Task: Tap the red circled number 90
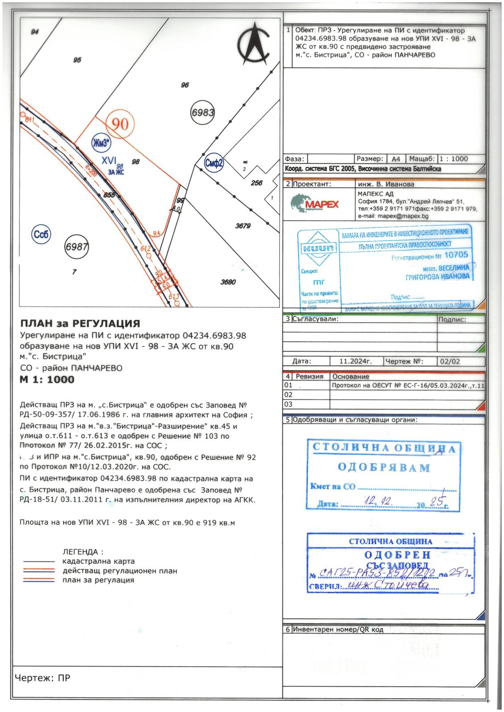(120, 124)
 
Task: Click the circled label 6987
(77, 247)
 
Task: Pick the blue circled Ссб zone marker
(41, 235)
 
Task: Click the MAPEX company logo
(315, 204)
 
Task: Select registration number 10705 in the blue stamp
(456, 255)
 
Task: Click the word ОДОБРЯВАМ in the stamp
(383, 468)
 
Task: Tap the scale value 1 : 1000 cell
(453, 159)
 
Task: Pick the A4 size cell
(396, 159)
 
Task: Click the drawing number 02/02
(449, 362)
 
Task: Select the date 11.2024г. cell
(355, 362)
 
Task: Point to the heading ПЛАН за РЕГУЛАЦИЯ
(80, 324)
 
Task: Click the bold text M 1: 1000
(47, 380)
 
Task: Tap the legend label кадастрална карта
(98, 561)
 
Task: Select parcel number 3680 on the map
(228, 282)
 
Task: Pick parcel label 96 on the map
(185, 85)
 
